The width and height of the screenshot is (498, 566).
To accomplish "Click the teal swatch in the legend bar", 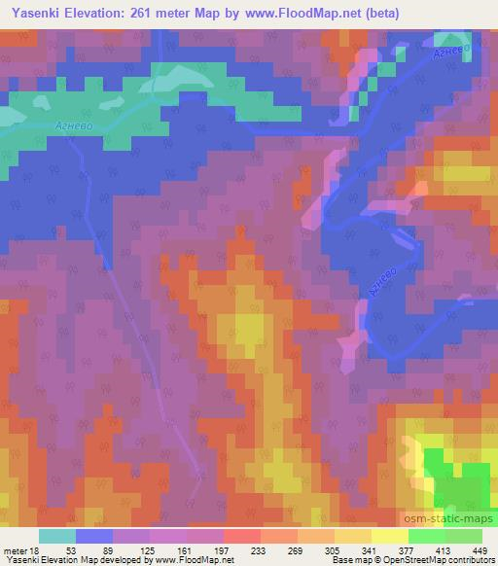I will coord(57,536).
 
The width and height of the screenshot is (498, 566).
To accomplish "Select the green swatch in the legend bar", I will coord(445,536).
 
